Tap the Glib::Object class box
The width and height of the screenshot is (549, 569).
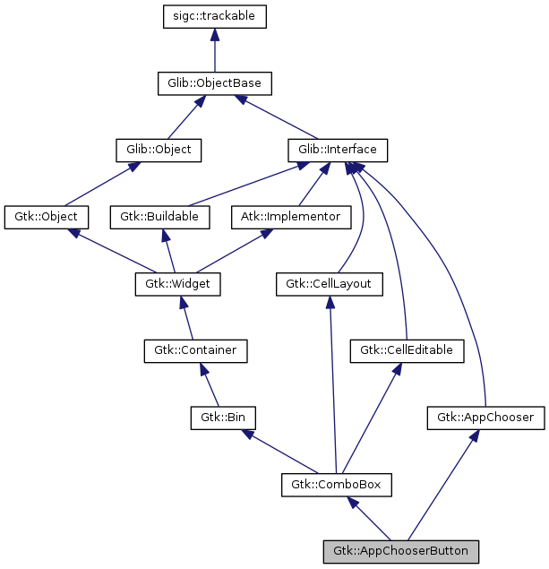click(158, 149)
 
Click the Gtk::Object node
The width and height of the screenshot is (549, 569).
click(47, 216)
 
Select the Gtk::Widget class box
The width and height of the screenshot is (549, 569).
click(177, 284)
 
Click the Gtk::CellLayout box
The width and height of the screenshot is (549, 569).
click(329, 284)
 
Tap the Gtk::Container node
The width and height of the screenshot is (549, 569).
click(195, 350)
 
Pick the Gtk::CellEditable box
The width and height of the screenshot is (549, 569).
click(407, 350)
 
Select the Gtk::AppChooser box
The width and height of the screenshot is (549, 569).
click(485, 418)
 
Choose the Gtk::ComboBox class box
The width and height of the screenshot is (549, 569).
click(336, 485)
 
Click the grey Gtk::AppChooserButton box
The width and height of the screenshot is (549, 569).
click(400, 550)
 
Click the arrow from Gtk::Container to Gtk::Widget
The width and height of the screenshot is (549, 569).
click(187, 318)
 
